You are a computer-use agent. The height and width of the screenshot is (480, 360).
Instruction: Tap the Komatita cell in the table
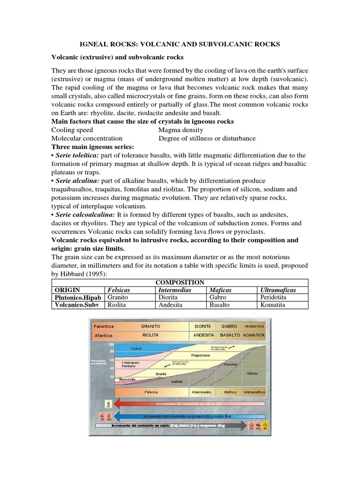272,305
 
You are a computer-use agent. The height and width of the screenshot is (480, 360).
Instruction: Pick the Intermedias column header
174,290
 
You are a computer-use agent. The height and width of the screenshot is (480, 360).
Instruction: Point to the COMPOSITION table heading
180,282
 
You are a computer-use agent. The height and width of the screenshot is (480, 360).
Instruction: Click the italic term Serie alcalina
79,180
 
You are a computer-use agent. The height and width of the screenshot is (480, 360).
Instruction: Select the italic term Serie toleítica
79,155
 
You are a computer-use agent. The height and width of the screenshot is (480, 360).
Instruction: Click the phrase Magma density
181,130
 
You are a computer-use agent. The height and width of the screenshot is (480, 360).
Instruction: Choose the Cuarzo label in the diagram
136,348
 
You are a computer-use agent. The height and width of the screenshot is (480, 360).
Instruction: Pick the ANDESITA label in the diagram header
203,335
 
